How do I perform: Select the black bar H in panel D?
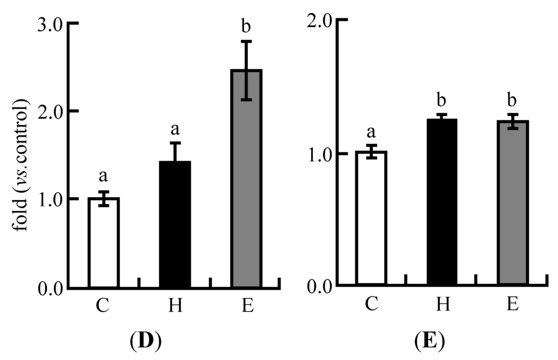pyautogui.click(x=175, y=224)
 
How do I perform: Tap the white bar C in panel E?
pyautogui.click(x=371, y=218)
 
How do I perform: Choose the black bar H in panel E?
pyautogui.click(x=442, y=202)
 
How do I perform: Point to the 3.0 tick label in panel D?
pyautogui.click(x=51, y=24)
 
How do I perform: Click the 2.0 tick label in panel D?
pyautogui.click(x=51, y=111)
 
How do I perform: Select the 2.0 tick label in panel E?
pyautogui.click(x=318, y=20)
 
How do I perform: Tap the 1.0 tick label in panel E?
pyautogui.click(x=318, y=154)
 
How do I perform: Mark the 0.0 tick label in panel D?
pyautogui.click(x=51, y=287)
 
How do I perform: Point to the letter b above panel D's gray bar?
pyautogui.click(x=246, y=26)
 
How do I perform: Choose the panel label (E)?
pyautogui.click(x=429, y=343)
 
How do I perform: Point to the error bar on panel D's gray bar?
pyautogui.click(x=246, y=70)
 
